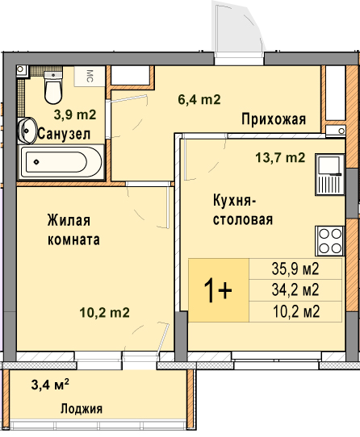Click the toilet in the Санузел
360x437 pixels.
click(x=53, y=87)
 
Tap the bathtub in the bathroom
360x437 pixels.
click(x=61, y=162)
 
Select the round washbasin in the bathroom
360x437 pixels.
click(x=27, y=131)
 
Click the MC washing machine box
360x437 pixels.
click(x=90, y=76)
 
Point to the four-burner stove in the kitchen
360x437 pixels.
click(x=330, y=241)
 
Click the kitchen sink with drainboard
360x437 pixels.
click(x=330, y=174)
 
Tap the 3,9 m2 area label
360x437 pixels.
click(x=75, y=114)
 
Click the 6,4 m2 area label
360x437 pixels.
click(x=199, y=99)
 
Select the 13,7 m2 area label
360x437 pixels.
click(x=280, y=158)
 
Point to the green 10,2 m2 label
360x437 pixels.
click(x=105, y=313)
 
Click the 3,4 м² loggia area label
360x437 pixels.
click(x=50, y=385)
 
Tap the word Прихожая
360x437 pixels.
click(x=274, y=120)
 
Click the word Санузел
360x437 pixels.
click(x=64, y=135)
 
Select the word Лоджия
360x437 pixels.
click(x=82, y=409)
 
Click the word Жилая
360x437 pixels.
click(x=69, y=220)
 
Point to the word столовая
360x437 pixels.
click(x=243, y=219)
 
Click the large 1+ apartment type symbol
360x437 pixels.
click(x=218, y=291)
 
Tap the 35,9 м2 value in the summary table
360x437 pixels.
click(x=295, y=269)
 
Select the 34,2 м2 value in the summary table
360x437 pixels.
click(x=295, y=290)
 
